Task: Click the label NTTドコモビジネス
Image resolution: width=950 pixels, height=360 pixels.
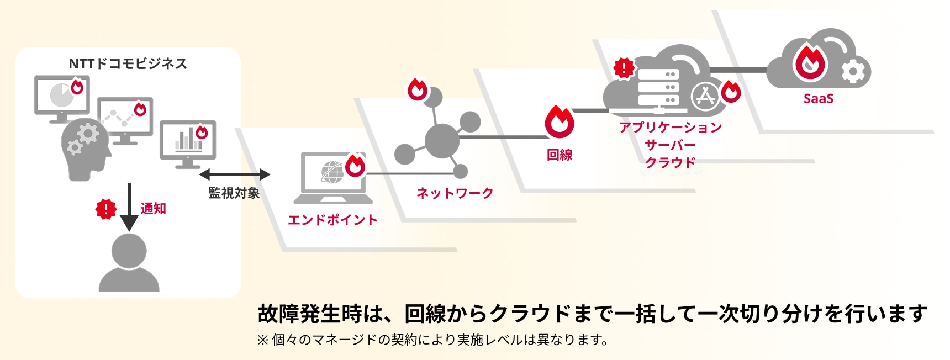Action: [x=128, y=63]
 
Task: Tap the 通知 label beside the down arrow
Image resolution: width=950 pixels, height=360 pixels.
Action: [x=153, y=208]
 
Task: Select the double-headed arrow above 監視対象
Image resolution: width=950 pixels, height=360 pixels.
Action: [x=234, y=174]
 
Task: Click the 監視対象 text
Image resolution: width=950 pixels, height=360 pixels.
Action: [x=234, y=193]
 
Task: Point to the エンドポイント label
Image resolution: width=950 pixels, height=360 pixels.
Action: [x=332, y=220]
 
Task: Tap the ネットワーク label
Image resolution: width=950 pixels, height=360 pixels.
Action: [x=455, y=193]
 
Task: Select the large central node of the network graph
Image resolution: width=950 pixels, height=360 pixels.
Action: [x=442, y=141]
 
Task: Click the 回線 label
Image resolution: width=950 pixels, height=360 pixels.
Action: [x=559, y=155]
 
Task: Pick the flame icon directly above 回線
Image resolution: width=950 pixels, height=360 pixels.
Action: [x=559, y=121]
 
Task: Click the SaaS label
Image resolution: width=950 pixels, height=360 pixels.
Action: [x=818, y=99]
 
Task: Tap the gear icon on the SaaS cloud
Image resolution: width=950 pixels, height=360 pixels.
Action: [x=853, y=72]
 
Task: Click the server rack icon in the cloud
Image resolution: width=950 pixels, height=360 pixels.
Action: [x=658, y=87]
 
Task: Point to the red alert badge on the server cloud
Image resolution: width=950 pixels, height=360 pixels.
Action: [x=624, y=68]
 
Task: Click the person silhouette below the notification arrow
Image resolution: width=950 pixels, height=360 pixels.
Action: [x=129, y=262]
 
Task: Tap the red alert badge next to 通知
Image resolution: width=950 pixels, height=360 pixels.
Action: [x=105, y=209]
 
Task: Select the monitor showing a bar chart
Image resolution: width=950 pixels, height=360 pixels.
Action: [x=188, y=145]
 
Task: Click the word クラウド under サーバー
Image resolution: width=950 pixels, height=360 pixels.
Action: [x=670, y=162]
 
